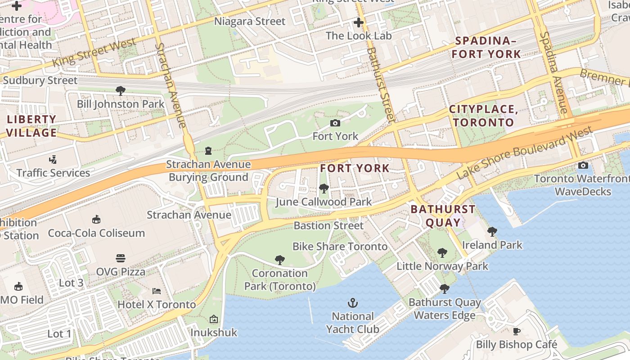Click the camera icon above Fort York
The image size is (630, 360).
(335, 123)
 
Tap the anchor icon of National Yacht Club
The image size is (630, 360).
(353, 303)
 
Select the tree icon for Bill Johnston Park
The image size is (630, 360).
(120, 91)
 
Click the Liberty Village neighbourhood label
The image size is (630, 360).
(31, 126)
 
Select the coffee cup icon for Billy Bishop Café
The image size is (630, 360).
(517, 332)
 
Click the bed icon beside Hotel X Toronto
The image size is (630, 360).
(157, 291)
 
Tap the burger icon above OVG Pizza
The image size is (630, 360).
(121, 258)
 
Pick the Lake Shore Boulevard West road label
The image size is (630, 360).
(524, 153)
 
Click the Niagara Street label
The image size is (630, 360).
(249, 21)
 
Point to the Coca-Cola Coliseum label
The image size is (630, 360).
(96, 233)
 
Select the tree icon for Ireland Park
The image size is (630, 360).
(492, 232)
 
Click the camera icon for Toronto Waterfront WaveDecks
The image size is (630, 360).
(583, 166)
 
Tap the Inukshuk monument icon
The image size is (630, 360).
(214, 319)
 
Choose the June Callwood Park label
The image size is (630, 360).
(324, 202)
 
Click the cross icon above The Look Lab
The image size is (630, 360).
(359, 22)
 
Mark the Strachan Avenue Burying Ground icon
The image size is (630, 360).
(208, 150)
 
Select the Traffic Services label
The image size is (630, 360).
(53, 173)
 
